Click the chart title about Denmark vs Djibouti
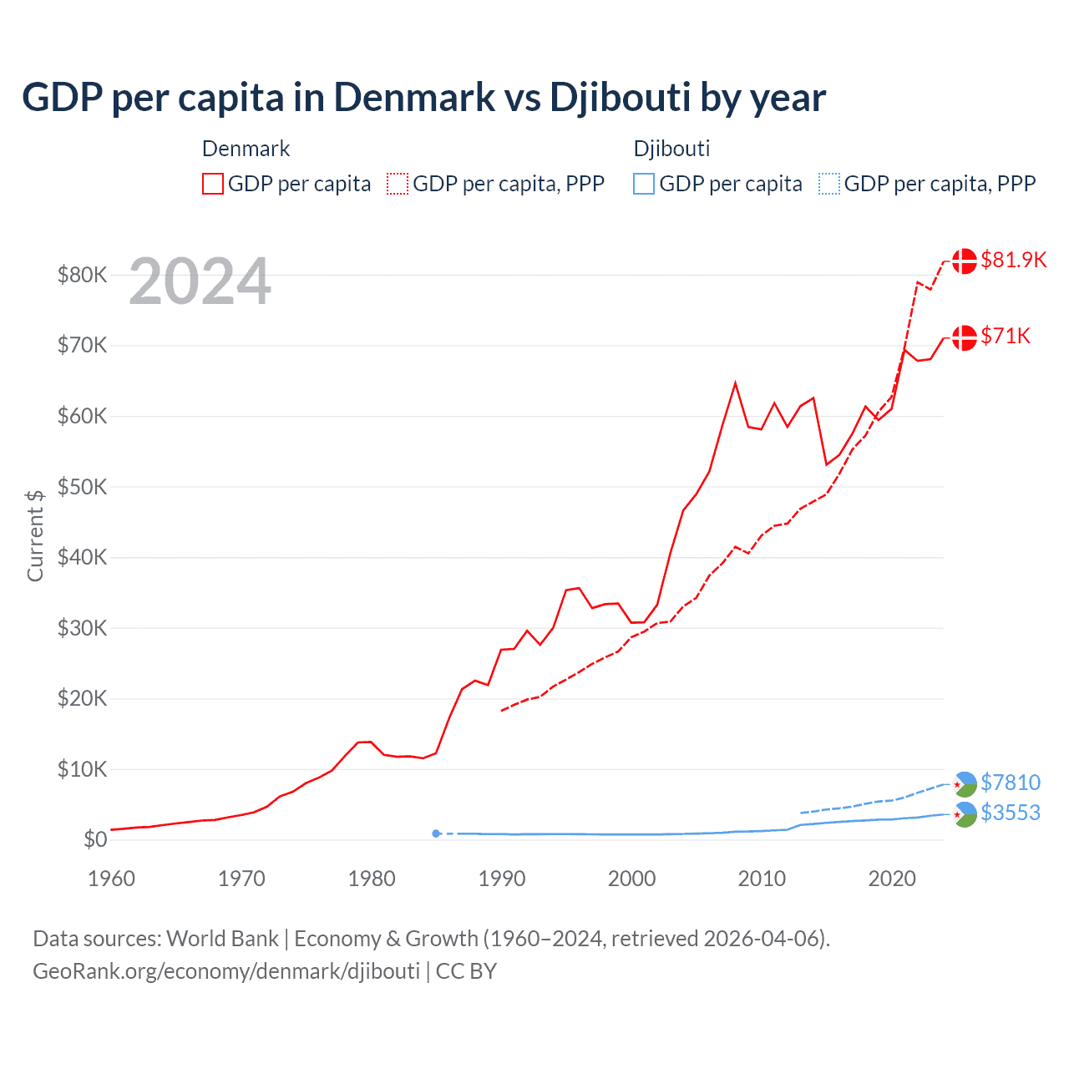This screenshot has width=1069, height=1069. click(423, 97)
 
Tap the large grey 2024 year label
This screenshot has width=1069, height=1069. click(200, 282)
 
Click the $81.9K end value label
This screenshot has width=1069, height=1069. click(1013, 260)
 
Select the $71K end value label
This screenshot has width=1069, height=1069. click(1006, 336)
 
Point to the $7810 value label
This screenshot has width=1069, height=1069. click(1011, 783)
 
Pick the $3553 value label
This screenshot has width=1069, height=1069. click(1011, 813)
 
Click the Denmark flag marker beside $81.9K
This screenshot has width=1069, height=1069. click(965, 261)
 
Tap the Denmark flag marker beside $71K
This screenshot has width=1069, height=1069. click(965, 337)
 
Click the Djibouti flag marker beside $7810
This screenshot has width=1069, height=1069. click(965, 784)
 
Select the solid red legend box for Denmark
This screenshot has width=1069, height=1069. click(213, 184)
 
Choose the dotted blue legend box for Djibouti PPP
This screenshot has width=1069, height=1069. click(829, 184)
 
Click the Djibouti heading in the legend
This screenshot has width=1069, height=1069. click(671, 149)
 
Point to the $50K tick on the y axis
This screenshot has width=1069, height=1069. click(83, 487)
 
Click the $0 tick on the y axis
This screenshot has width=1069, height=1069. click(95, 839)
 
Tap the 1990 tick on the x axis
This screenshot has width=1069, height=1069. click(502, 879)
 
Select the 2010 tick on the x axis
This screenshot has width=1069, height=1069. click(762, 879)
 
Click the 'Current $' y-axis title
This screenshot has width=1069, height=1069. click(35, 535)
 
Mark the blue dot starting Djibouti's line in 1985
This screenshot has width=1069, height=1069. click(436, 833)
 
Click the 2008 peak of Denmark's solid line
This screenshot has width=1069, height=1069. click(735, 383)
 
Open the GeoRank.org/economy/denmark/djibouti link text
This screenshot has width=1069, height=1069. click(226, 971)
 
